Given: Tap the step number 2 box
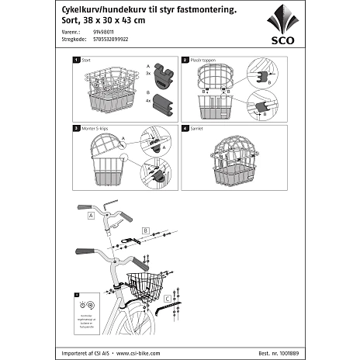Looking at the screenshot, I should [185, 59].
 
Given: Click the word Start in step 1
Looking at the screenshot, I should [86, 59].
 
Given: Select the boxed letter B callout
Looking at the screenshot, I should [145, 230].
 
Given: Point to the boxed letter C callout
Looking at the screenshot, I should [168, 298].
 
